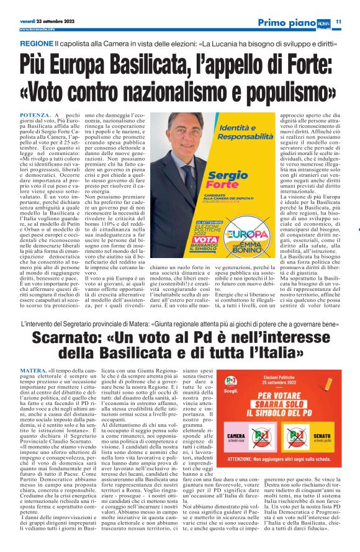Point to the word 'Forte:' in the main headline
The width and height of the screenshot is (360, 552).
(x=292, y=65)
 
